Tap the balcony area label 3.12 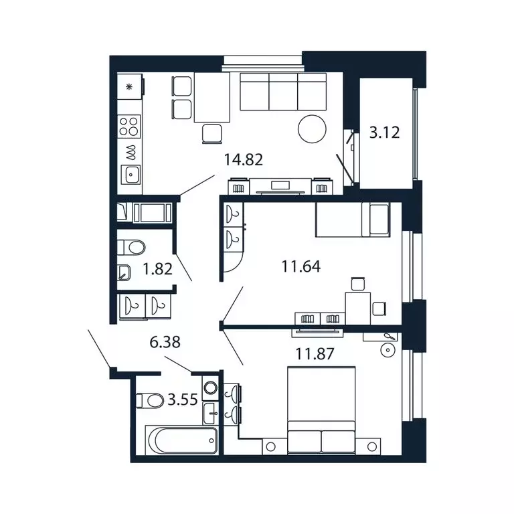tap(384, 132)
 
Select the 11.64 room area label tap(301, 266)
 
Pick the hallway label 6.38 tap(165, 343)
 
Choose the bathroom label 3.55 tap(183, 400)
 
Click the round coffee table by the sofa tap(313, 128)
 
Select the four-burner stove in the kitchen tap(131, 126)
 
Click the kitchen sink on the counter tap(131, 175)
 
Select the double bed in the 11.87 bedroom tap(321, 410)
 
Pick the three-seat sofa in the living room tap(283, 92)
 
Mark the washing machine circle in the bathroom tap(211, 388)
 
